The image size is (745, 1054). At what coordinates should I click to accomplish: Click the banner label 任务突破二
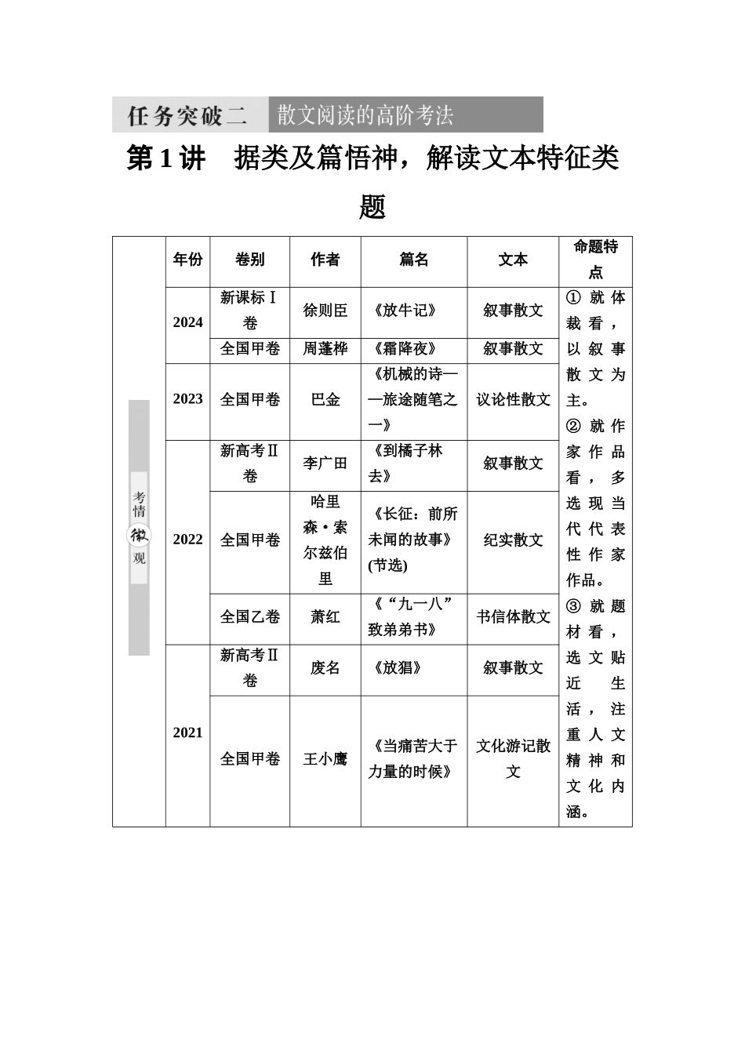click(x=187, y=116)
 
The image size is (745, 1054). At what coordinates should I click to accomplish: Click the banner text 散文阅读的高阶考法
click(x=365, y=115)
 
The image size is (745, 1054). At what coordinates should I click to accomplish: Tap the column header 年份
click(x=187, y=260)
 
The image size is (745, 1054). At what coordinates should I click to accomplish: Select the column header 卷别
click(x=249, y=260)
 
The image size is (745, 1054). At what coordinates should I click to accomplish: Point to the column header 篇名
click(x=414, y=260)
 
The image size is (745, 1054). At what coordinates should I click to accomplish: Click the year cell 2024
click(x=187, y=322)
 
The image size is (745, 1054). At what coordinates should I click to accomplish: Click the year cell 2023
click(x=187, y=399)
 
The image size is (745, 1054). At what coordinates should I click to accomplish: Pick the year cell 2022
click(x=187, y=540)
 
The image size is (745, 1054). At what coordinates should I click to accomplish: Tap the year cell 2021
click(x=187, y=732)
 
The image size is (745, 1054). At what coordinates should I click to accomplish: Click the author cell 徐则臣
click(x=325, y=310)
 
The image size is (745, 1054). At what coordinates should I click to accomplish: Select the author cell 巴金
click(x=325, y=399)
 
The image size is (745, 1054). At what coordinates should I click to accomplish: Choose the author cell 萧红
click(x=325, y=617)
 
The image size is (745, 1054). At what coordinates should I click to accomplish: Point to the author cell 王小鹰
click(x=325, y=758)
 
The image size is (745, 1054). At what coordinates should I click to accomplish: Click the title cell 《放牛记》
click(x=405, y=310)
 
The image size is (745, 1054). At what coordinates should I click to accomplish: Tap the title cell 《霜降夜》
click(x=405, y=349)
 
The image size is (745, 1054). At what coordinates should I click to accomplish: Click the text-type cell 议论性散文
click(x=513, y=399)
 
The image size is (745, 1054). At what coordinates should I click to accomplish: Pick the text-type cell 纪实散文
click(x=513, y=540)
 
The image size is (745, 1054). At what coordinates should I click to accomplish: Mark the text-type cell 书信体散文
click(x=513, y=617)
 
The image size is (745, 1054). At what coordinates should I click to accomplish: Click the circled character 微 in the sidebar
click(x=139, y=535)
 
